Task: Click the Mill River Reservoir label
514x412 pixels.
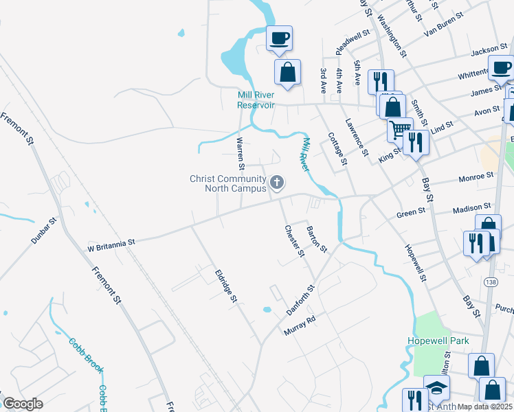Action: [x=256, y=100]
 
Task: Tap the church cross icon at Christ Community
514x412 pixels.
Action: [x=277, y=182]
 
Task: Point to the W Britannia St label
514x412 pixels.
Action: [x=111, y=242]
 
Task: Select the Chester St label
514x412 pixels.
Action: [x=294, y=240]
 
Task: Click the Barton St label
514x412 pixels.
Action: [x=316, y=238]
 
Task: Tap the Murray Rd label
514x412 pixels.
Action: [x=300, y=325]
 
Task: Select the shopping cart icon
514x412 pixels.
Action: [x=399, y=128]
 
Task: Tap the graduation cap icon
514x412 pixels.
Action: [x=436, y=387]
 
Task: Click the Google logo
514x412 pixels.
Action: [x=23, y=404]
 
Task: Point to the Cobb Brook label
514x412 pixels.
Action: [x=86, y=355]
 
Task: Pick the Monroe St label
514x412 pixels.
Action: [x=477, y=176]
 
